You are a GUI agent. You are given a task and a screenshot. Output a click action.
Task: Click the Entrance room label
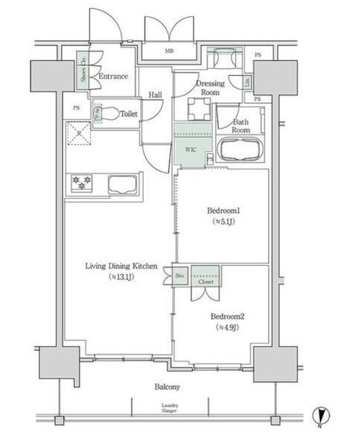(113, 77)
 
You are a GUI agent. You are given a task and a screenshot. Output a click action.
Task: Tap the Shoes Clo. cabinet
(82, 68)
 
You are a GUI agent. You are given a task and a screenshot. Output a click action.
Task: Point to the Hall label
(155, 96)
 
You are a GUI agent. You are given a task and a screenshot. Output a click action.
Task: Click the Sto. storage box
(180, 276)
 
